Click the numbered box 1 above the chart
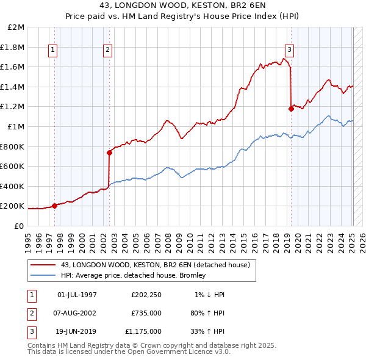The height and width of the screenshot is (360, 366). pos(53,51)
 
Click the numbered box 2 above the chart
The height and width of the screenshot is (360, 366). pos(108,51)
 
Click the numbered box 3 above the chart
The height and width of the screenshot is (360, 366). pos(289,51)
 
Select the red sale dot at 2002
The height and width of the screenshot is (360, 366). pos(109,153)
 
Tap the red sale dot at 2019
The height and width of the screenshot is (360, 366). pos(291,109)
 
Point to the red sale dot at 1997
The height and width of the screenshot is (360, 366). pos(54,206)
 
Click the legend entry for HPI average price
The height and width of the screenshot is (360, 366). pos(133,275)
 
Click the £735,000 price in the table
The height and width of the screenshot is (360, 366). pos(146,313)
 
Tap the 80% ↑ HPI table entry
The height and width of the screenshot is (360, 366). pos(207,313)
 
